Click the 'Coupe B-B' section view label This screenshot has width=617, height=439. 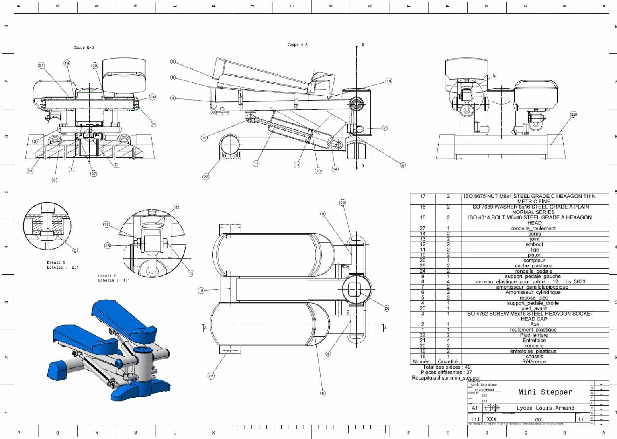click(84, 47)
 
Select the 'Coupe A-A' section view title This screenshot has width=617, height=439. click(297, 45)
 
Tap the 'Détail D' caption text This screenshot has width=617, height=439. click(56, 263)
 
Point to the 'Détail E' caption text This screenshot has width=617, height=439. click(107, 276)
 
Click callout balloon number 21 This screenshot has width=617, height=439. click(41, 65)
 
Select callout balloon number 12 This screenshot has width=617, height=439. click(204, 138)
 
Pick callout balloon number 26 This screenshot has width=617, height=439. click(387, 308)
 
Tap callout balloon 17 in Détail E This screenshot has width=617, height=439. click(106, 224)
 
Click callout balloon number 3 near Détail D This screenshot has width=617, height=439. click(75, 250)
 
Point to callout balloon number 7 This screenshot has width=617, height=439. click(385, 128)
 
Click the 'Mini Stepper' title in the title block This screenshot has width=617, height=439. click(545, 392)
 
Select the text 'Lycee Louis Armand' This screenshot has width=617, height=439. click(545, 408)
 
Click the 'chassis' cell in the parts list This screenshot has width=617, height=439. click(534, 356)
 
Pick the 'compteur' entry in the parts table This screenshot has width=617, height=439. click(534, 260)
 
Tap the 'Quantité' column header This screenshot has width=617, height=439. click(448, 361)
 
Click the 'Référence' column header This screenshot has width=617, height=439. click(534, 361)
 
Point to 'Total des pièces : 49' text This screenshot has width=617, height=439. click(446, 367)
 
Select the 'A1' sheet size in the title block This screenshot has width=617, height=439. click(475, 408)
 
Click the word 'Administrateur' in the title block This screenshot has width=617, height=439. click(484, 384)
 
